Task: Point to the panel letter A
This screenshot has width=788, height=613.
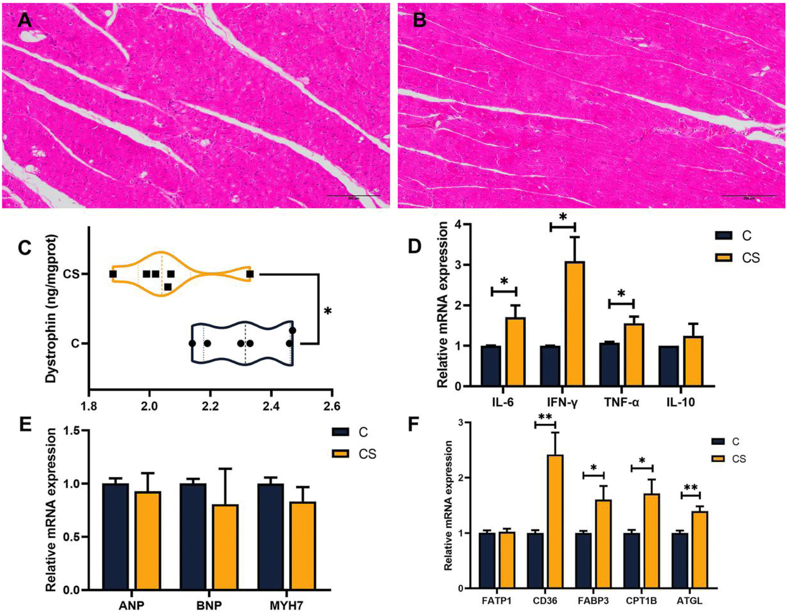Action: pos(24,20)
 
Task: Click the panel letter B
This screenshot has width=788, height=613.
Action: pos(419,20)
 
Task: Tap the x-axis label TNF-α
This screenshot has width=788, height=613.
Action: pos(621,402)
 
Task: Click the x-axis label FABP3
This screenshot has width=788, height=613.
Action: pos(593,601)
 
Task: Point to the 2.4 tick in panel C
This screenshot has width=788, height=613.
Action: pos(271,406)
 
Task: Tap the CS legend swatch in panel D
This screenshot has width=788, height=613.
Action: pos(724,258)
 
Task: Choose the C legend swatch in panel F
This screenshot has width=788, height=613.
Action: pos(718,441)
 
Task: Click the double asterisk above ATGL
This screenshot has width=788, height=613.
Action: pos(690,488)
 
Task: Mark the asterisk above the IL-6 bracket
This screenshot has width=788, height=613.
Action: pos(504,281)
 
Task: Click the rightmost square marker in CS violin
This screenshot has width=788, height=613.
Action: pos(250,274)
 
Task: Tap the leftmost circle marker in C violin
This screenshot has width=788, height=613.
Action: pos(192,343)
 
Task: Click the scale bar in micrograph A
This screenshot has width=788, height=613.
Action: pos(354,195)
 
